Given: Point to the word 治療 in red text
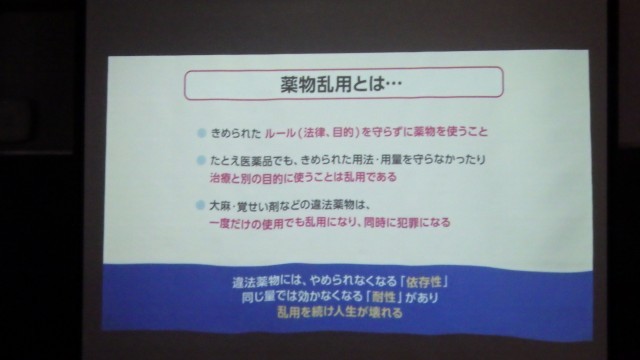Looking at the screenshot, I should point(221,178).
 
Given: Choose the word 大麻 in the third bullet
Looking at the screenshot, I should point(221,205).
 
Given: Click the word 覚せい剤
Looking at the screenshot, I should point(257,205).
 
